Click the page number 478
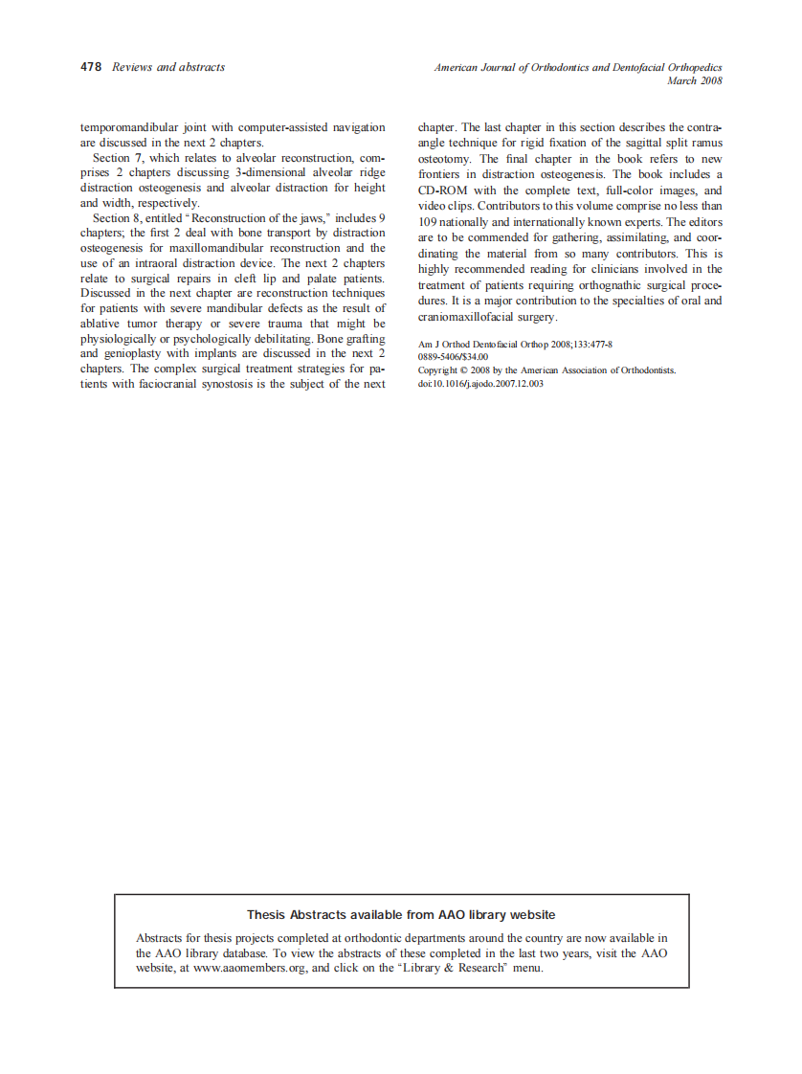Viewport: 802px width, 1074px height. [91, 67]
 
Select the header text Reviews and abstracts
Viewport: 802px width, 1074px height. [168, 67]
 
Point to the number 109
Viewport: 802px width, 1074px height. [429, 222]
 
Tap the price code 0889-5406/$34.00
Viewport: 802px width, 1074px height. [453, 357]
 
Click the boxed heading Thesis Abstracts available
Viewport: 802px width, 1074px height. [401, 915]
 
